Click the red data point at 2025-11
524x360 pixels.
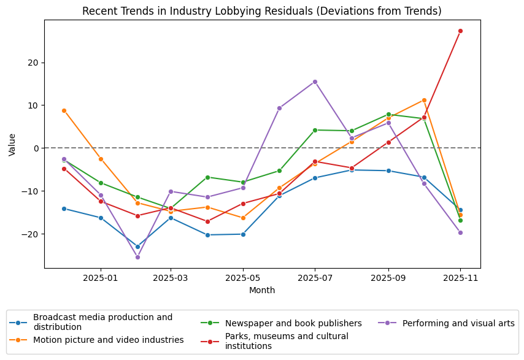460,31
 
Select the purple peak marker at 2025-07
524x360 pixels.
315,82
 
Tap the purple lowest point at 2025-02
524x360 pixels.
137,257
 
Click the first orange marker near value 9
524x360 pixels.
64,110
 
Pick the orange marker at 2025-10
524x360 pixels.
424,100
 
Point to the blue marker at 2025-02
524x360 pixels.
137,247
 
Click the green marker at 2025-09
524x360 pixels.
388,115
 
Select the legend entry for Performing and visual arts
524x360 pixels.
458,323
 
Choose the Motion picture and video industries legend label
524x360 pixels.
108,340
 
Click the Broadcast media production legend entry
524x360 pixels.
102,322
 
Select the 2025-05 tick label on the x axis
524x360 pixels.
243,278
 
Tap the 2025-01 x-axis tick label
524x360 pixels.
101,278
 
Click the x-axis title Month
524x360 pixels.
262,290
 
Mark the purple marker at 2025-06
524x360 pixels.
279,108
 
